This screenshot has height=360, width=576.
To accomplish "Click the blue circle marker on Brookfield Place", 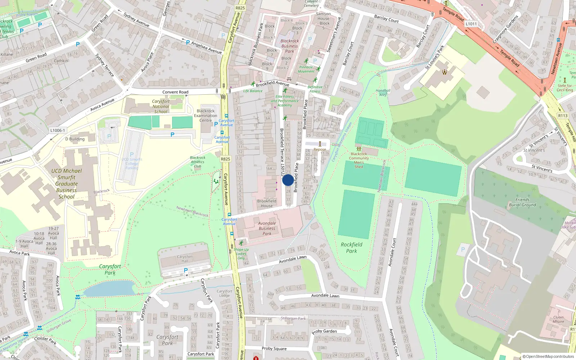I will tap(288, 180).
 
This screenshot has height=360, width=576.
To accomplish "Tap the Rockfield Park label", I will tap(351, 248).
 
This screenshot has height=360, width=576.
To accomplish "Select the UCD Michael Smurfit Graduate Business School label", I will tap(67, 184).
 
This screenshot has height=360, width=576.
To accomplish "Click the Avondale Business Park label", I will tap(267, 228).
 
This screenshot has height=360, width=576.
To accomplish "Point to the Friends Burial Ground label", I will tap(522, 202).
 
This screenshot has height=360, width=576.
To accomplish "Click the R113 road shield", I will tap(563, 116).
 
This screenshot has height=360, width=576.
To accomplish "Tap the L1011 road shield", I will tap(471, 24).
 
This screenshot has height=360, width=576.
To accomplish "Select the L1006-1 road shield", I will tap(58, 130).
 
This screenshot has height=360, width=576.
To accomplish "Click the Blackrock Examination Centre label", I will tap(206, 116).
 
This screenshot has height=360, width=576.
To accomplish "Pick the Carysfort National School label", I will tap(161, 106).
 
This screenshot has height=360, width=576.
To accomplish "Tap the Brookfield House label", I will tap(267, 203).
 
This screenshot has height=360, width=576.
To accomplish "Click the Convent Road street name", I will tap(175, 92).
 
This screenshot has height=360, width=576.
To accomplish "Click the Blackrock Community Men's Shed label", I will tap(359, 160).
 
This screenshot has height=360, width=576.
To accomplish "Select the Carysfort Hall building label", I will tap(185, 258).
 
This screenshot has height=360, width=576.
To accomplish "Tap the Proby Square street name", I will tap(274, 348).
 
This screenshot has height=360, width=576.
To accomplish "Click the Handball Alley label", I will tap(383, 93).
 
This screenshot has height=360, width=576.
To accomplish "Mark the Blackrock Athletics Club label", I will tap(198, 162).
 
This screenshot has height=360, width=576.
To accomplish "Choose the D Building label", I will tap(75, 139).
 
